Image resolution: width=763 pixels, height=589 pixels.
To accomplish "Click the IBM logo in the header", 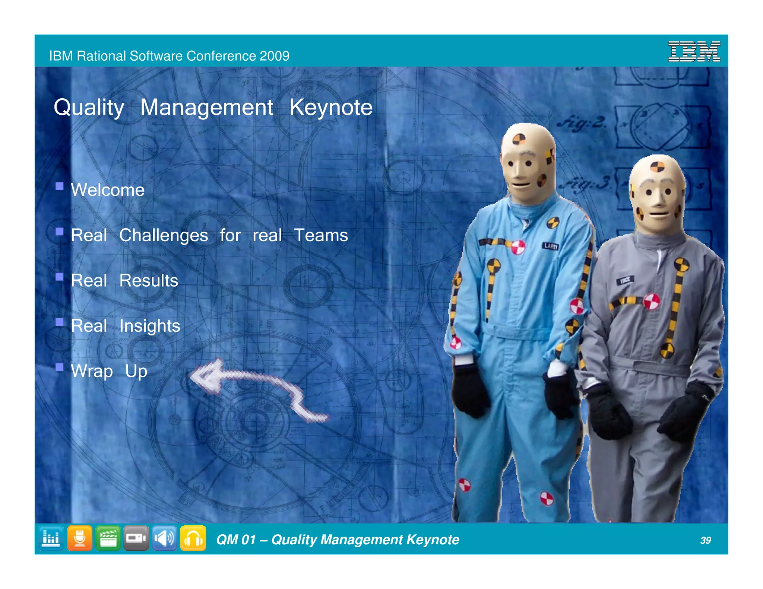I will tap(694, 51).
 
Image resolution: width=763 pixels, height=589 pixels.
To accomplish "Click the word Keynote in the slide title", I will tap(331, 108).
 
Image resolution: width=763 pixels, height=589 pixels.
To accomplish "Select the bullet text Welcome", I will tap(108, 190).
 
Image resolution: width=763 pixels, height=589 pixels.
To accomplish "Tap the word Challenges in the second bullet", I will tap(164, 235).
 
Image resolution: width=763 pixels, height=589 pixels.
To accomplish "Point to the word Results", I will tap(149, 281).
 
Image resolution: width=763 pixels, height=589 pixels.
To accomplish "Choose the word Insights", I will tap(150, 326).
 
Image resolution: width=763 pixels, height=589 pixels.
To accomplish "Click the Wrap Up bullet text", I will tap(109, 371).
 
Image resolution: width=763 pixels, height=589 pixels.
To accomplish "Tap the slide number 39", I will tap(705, 540).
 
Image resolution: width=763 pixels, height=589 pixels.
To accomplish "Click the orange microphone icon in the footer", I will tap(79, 538).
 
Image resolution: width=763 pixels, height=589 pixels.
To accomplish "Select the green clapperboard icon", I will tap(108, 538).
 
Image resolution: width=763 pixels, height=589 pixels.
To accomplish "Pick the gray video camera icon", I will tap(136, 538).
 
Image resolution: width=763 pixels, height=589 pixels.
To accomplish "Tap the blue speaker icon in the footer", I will tap(164, 538).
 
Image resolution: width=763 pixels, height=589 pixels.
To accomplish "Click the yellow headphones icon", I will tap(193, 538).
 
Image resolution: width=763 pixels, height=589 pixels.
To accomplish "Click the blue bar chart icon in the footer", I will tap(51, 538).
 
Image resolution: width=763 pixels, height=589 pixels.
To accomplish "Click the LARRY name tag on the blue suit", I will tap(550, 246).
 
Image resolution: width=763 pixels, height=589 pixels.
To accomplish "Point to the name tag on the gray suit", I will tap(625, 280).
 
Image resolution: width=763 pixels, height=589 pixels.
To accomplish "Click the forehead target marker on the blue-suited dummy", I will tap(519, 140).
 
